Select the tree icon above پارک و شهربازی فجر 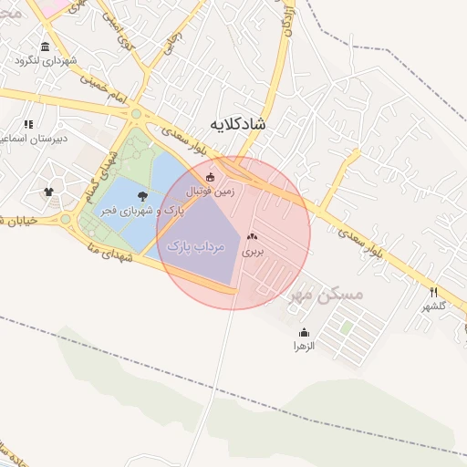click(x=142, y=195)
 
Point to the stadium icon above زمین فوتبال click(x=211, y=177)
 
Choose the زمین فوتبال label click(x=211, y=192)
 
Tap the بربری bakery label click(x=252, y=251)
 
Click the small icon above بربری click(x=252, y=237)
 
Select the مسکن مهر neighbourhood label click(x=326, y=295)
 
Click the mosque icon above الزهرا click(x=304, y=332)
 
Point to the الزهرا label click(x=304, y=347)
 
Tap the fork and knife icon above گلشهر click(x=433, y=292)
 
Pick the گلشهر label click(x=433, y=306)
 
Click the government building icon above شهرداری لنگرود click(x=46, y=47)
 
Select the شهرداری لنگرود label click(x=46, y=61)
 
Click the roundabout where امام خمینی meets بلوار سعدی click(x=137, y=114)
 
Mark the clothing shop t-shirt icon click(x=48, y=192)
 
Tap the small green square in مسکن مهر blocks click(x=347, y=326)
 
